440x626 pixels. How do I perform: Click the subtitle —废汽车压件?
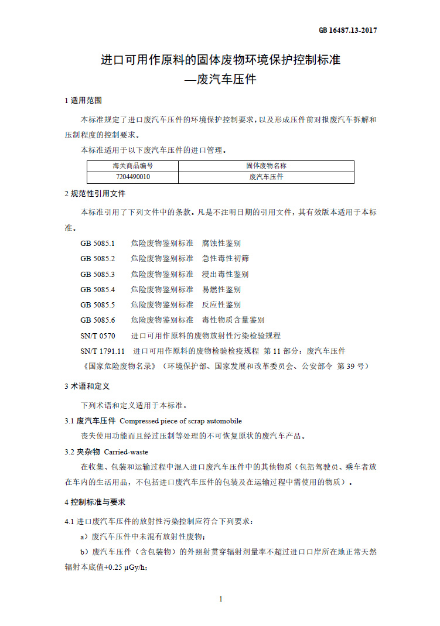pyautogui.click(x=220, y=79)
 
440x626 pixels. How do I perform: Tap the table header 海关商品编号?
pyautogui.click(x=132, y=166)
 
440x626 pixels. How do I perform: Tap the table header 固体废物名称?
pyautogui.click(x=266, y=166)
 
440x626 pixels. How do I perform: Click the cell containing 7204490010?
pyautogui.click(x=132, y=177)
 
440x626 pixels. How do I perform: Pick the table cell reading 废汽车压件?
pyautogui.click(x=266, y=177)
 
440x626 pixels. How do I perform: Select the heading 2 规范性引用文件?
pyautogui.click(x=95, y=193)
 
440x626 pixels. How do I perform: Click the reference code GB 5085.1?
pyautogui.click(x=98, y=243)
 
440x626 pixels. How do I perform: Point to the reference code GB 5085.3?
pyautogui.click(x=98, y=274)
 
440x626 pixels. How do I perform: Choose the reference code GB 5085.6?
pyautogui.click(x=98, y=320)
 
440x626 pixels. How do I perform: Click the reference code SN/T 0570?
pyautogui.click(x=98, y=336)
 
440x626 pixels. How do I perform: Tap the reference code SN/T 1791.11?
pyautogui.click(x=103, y=351)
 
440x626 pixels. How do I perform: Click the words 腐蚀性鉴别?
pyautogui.click(x=221, y=243)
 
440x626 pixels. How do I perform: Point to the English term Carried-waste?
pyautogui.click(x=126, y=452)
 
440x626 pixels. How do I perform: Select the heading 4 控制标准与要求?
pyautogui.click(x=95, y=502)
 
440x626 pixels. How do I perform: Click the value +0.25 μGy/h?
pyautogui.click(x=128, y=567)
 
